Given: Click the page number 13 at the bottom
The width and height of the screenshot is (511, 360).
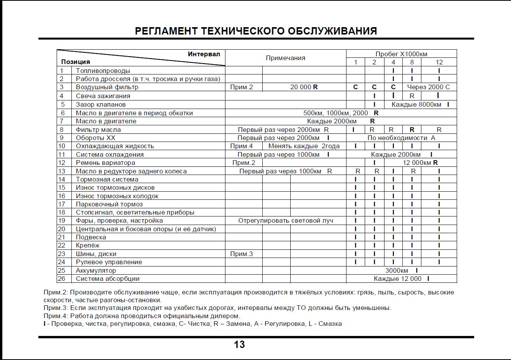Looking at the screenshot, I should pyautogui.click(x=239, y=344).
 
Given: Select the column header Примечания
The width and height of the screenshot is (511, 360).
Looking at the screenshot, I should pyautogui.click(x=285, y=58).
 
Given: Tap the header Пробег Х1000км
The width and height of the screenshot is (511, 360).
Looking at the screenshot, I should pyautogui.click(x=401, y=54).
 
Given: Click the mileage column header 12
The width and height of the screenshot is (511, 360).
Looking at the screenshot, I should pyautogui.click(x=439, y=62).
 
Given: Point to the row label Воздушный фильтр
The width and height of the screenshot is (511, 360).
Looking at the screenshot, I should pyautogui.click(x=107, y=87).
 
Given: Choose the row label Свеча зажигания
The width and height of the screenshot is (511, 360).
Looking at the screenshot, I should pyautogui.click(x=103, y=96).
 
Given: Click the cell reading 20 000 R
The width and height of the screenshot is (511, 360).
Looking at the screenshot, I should pyautogui.click(x=304, y=87).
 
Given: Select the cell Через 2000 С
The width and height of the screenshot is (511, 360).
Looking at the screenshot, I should pyautogui.click(x=428, y=87).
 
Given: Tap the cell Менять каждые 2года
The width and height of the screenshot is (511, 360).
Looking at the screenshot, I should pyautogui.click(x=304, y=146).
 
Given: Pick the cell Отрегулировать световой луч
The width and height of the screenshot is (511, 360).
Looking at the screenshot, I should pyautogui.click(x=286, y=220).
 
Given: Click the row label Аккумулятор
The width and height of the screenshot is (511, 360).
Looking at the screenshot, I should pyautogui.click(x=96, y=270).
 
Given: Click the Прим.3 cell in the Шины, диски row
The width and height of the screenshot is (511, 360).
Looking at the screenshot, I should pyautogui.click(x=241, y=254).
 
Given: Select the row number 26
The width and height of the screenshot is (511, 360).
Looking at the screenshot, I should pyautogui.click(x=62, y=279).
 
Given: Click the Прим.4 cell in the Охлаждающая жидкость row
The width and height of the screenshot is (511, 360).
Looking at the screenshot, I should pyautogui.click(x=241, y=146).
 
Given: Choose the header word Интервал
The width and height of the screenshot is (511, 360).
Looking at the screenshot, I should pyautogui.click(x=204, y=54).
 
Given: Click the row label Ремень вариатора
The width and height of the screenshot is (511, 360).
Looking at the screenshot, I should pyautogui.click(x=106, y=163).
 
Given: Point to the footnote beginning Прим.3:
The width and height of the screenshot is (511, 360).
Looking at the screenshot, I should pyautogui.click(x=217, y=308).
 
